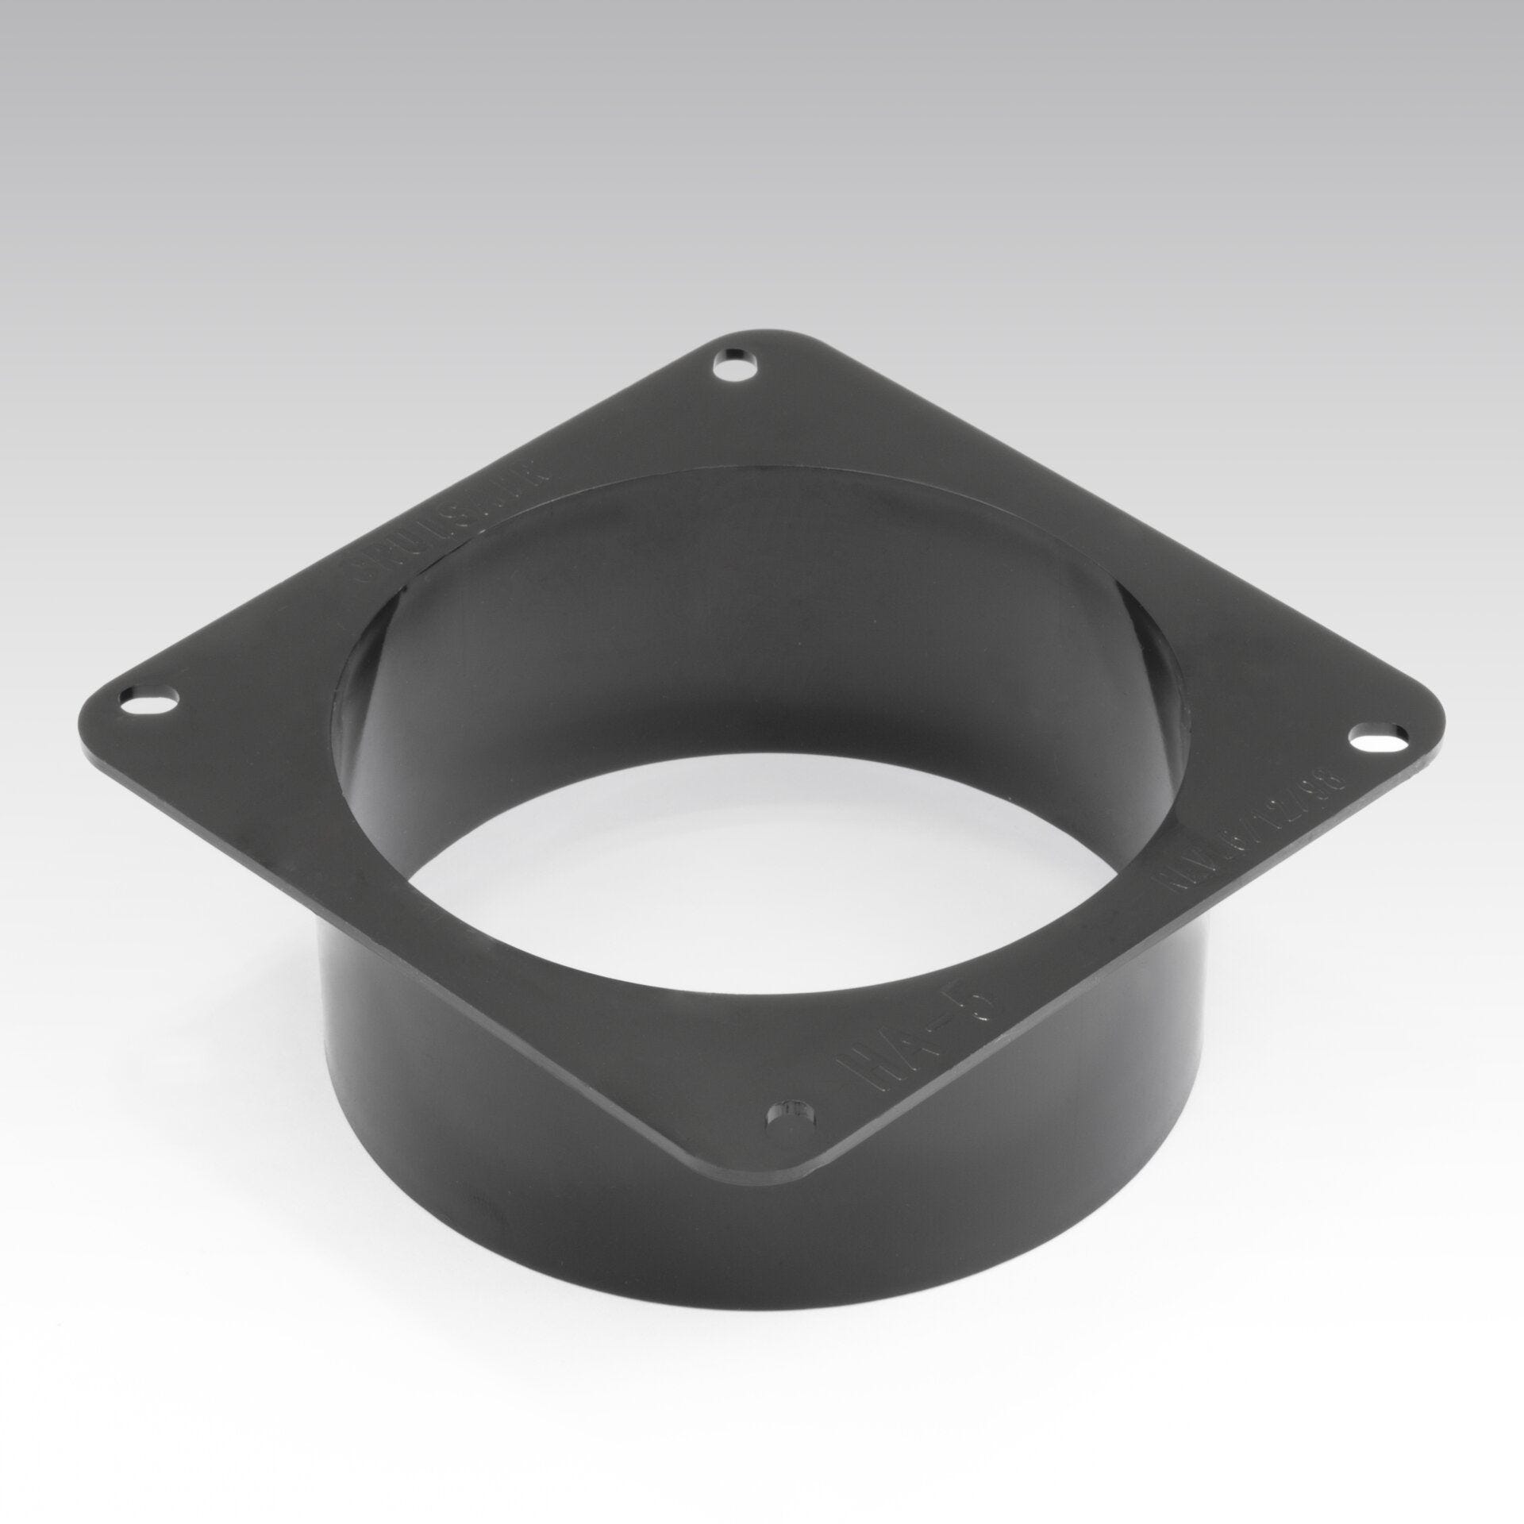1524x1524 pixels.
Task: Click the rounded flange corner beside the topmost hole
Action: (x=734, y=345)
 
